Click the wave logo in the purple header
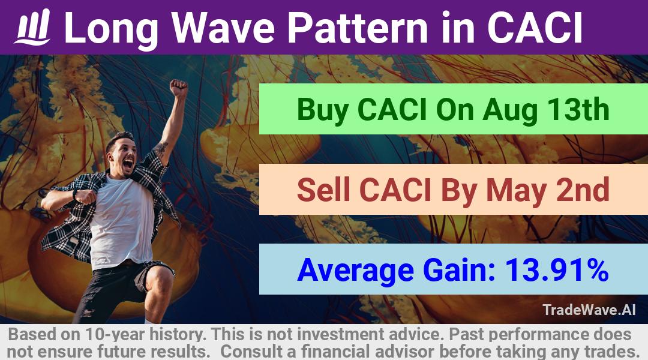click(32, 27)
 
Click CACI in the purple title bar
click(535, 28)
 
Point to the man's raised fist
click(179, 88)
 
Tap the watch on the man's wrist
click(75, 194)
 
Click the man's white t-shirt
click(121, 221)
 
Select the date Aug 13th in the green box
click(546, 110)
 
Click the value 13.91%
click(556, 270)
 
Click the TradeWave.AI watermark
click(589, 310)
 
